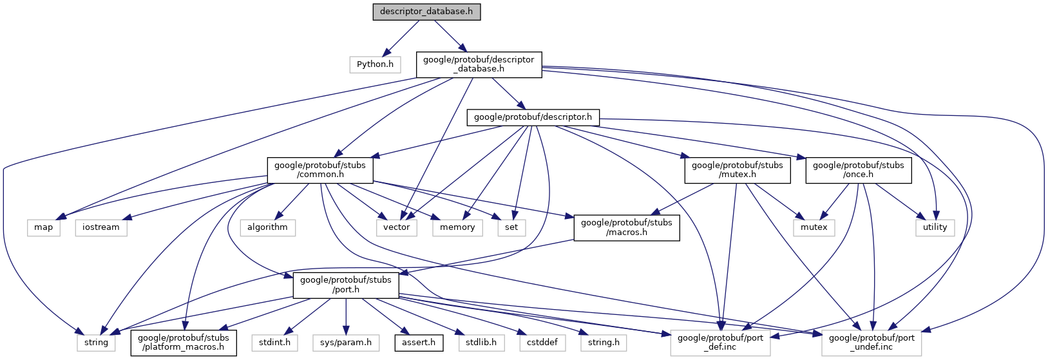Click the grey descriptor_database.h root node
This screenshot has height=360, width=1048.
[426, 12]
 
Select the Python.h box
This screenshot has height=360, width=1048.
[375, 64]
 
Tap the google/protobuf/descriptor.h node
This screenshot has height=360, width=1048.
[533, 117]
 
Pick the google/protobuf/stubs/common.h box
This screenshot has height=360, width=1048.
[319, 169]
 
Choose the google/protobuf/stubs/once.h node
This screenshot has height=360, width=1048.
[858, 169]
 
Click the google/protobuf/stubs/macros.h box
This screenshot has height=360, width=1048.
[626, 227]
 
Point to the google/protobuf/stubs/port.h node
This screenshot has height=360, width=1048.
[345, 284]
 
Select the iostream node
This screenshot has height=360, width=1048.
[101, 227]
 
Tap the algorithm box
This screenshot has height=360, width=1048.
[267, 227]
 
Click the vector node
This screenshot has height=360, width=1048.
[397, 227]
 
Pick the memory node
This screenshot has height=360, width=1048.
[457, 227]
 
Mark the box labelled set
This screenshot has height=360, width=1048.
[511, 227]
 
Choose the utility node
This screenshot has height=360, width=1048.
[935, 227]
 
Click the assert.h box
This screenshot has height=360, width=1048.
[419, 342]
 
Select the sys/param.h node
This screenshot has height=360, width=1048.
[346, 342]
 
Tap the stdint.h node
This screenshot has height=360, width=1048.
[274, 342]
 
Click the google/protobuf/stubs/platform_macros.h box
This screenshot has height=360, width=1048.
[184, 342]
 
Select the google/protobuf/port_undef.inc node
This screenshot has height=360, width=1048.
[872, 342]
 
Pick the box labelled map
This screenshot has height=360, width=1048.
[44, 227]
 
